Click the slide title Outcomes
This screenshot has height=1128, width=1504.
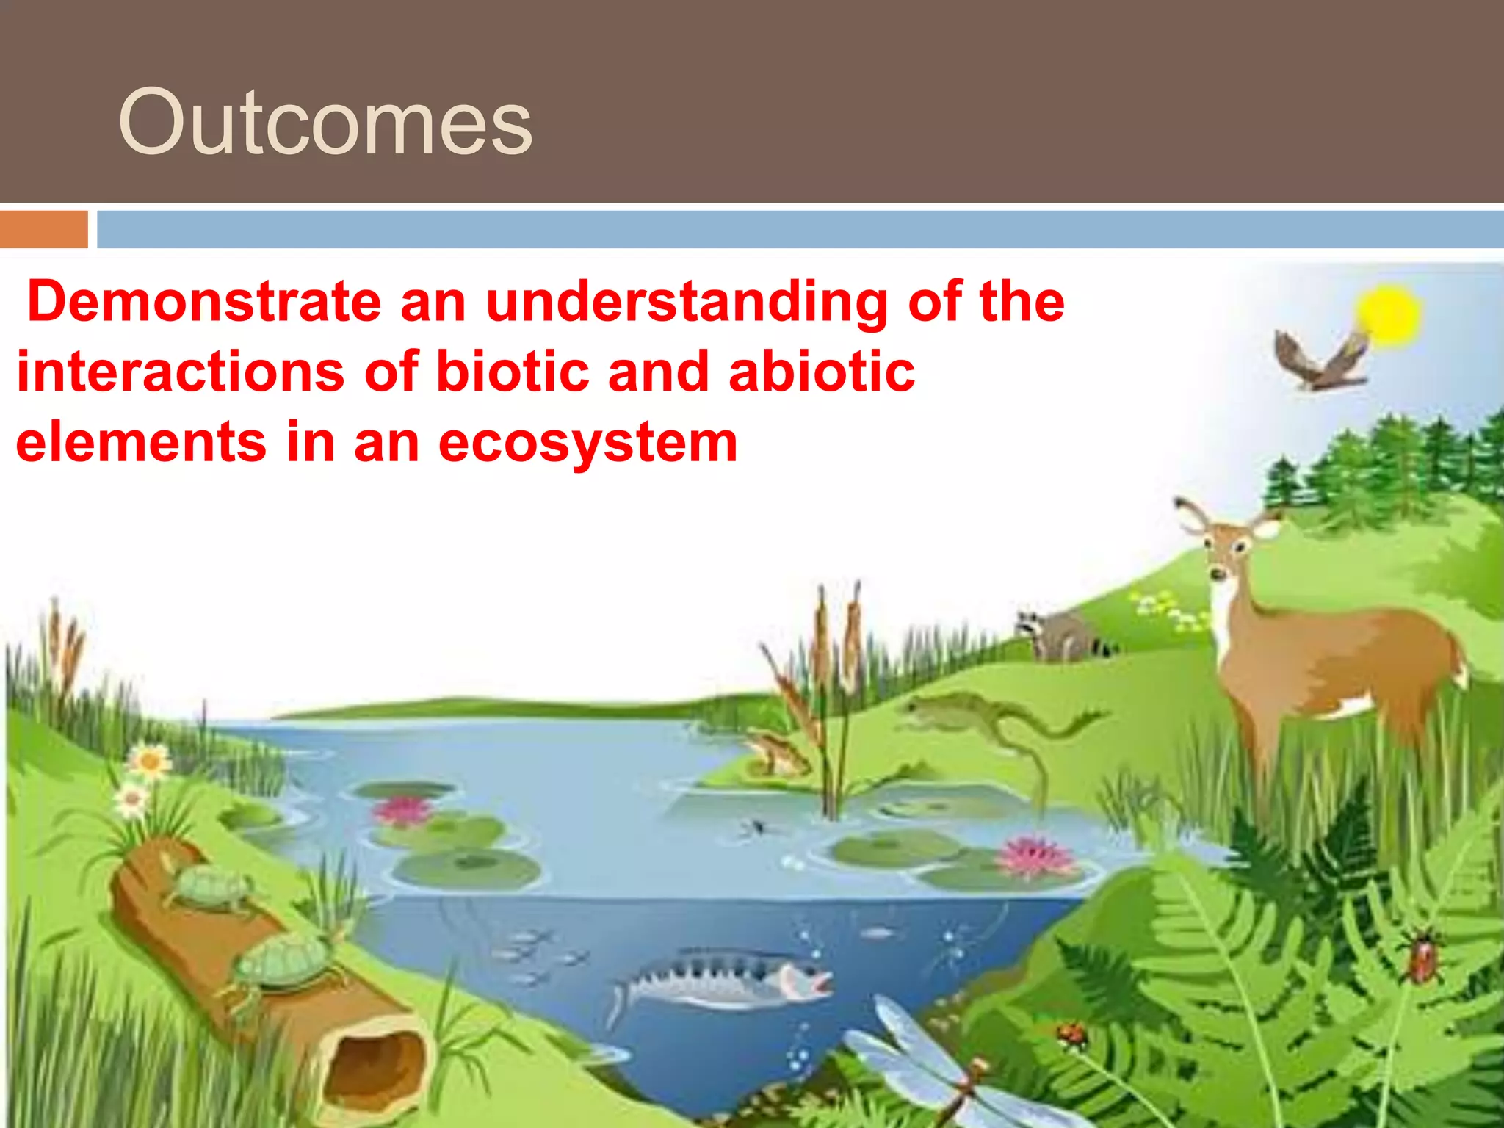(x=325, y=122)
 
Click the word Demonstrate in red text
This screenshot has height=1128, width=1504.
(x=204, y=301)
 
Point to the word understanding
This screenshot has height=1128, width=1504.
(x=687, y=303)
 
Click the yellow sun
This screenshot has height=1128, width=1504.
(x=1389, y=314)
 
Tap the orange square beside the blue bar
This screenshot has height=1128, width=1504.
(x=43, y=229)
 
